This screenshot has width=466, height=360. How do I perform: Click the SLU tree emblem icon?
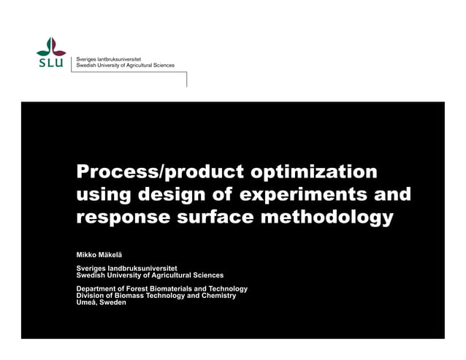(x=51, y=46)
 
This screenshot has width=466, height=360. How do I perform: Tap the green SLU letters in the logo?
(x=51, y=63)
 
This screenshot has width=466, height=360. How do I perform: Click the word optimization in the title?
(x=314, y=173)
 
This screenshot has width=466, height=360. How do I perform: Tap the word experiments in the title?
(x=299, y=195)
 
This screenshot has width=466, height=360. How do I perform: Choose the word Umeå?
(x=86, y=302)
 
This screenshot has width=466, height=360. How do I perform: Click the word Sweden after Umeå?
(x=112, y=302)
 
